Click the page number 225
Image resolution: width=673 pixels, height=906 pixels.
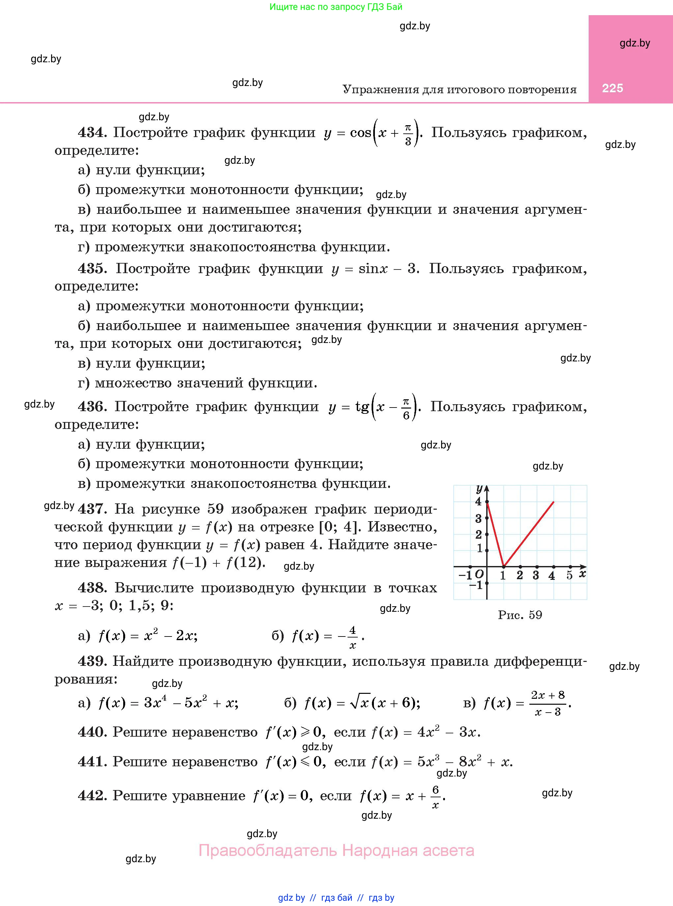coord(612,88)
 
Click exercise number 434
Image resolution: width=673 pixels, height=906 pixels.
coord(92,132)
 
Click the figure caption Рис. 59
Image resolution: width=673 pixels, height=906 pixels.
coord(520,615)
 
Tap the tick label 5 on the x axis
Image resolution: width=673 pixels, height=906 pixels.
coord(569,575)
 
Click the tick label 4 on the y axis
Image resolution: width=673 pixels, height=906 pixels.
coord(479,501)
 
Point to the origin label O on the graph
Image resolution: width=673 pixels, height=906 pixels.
coord(479,574)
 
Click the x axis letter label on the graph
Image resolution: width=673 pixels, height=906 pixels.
coord(582,574)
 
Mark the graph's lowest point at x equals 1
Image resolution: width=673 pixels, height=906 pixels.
coord(504,566)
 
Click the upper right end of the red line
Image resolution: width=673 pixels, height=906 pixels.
coord(554,502)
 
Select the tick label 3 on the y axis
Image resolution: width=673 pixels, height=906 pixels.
coord(479,519)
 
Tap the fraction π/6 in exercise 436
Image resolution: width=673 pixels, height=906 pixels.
coord(406,408)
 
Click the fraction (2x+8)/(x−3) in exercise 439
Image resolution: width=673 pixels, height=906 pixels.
coord(548,703)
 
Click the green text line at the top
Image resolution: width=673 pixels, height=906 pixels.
coord(336,7)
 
